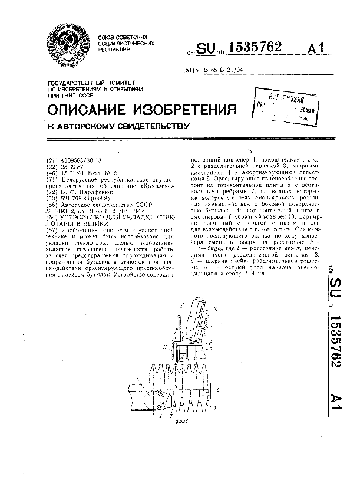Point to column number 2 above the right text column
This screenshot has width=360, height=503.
(x=251, y=152)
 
